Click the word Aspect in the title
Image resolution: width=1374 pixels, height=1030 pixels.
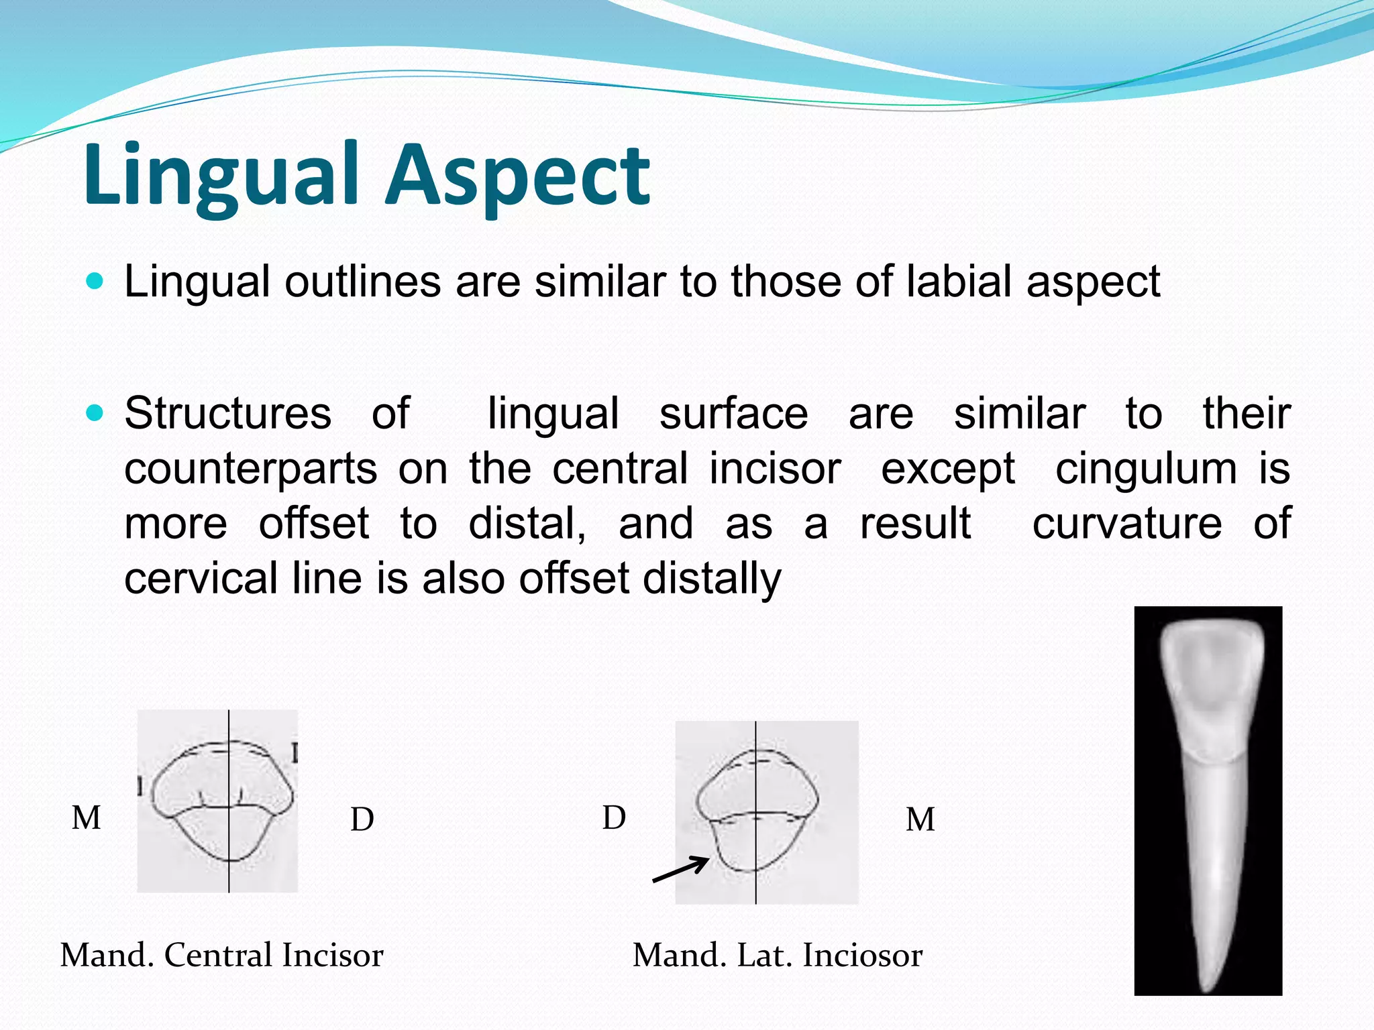point(517,176)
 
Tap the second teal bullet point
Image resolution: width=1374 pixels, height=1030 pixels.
point(96,413)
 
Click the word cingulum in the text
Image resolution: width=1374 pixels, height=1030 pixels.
point(1146,469)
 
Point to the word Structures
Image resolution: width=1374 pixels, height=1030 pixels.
point(227,414)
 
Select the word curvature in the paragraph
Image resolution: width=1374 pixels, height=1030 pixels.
point(1126,524)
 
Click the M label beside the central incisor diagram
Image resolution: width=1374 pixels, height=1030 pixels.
point(87,818)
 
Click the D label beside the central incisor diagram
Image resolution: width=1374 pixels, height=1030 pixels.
point(362,819)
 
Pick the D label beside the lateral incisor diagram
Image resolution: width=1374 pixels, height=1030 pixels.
point(614,818)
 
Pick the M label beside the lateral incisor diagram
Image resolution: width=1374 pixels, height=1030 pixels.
point(920,819)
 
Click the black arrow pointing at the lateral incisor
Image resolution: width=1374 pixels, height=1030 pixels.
point(680,870)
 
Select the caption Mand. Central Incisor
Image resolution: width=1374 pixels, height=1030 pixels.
point(221,955)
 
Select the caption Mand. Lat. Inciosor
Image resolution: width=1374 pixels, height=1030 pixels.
point(777,955)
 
